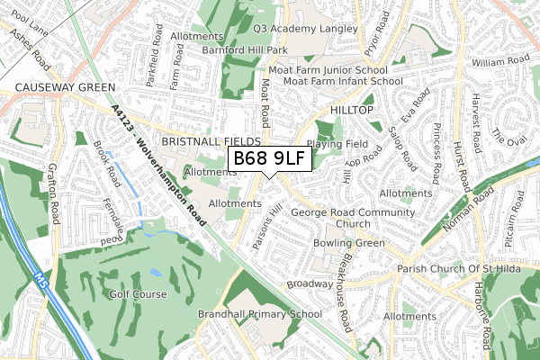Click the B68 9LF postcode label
pyautogui.click(x=271, y=159)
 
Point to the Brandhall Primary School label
pyautogui.click(x=259, y=314)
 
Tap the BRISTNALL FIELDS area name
pyautogui.click(x=211, y=142)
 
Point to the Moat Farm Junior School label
pyautogui.click(x=328, y=68)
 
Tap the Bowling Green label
pyautogui.click(x=348, y=243)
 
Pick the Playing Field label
pyautogui.click(x=337, y=143)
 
